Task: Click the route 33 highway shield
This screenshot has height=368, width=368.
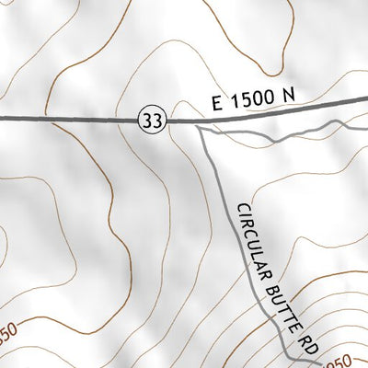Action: point(153,119)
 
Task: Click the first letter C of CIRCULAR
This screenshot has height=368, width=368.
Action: point(242,211)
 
